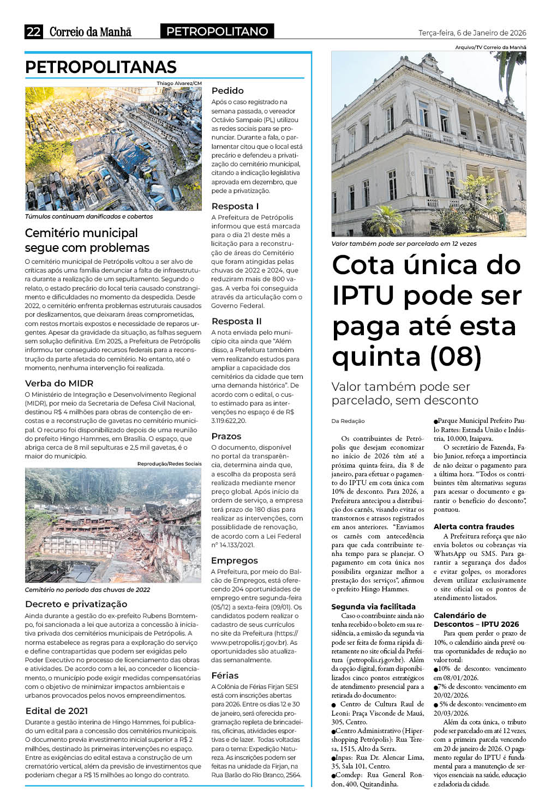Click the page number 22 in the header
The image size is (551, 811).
[x=33, y=32]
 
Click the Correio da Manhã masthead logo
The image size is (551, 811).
[x=91, y=32]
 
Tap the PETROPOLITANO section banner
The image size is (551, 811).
[x=217, y=32]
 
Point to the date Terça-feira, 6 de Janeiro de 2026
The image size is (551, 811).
[x=472, y=33]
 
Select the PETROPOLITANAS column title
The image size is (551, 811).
[x=101, y=67]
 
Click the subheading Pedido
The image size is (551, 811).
[x=227, y=90]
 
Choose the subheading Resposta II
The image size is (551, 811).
[x=236, y=321]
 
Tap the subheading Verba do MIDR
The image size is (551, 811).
[x=59, y=383]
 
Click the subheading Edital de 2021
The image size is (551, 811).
[x=56, y=711]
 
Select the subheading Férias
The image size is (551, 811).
[x=225, y=675]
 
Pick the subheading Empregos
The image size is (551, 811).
[x=235, y=560]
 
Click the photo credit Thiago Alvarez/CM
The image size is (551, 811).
[x=179, y=83]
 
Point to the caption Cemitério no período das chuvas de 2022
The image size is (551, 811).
[x=87, y=590]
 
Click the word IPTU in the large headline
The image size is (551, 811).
[x=363, y=295]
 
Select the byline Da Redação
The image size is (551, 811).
[x=348, y=421]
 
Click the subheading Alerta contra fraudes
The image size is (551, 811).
[x=474, y=526]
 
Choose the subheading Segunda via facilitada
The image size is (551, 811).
[x=373, y=607]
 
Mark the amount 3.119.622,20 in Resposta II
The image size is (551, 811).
[x=229, y=421]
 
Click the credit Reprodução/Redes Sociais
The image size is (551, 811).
[x=169, y=464]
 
